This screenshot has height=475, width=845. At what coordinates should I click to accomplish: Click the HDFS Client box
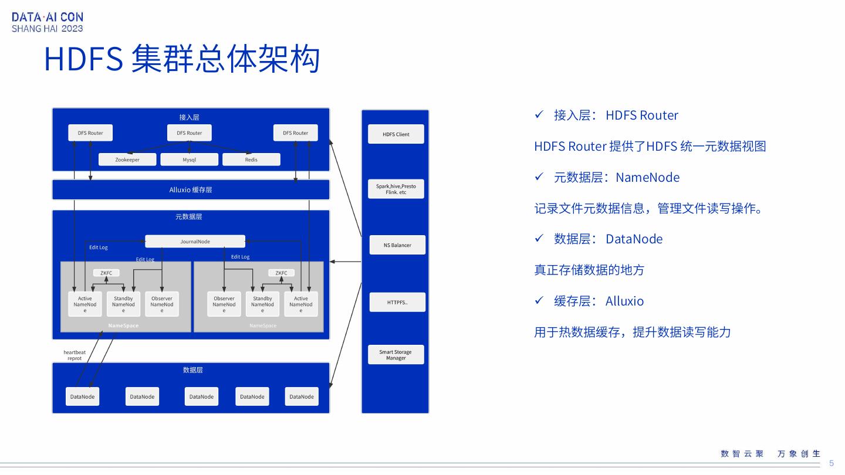click(396, 134)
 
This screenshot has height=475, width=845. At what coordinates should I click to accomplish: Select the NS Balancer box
click(397, 245)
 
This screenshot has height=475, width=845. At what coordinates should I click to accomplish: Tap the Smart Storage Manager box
click(396, 355)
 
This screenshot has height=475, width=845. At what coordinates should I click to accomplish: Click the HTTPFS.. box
click(397, 303)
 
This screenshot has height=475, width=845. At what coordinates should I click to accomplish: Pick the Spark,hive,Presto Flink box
click(396, 189)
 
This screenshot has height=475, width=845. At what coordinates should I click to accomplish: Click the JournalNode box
click(195, 242)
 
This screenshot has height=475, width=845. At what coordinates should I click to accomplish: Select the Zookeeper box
click(127, 160)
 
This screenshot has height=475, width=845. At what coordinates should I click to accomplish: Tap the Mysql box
click(189, 160)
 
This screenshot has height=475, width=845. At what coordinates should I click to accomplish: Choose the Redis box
click(251, 160)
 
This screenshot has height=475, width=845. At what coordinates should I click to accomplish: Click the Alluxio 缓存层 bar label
click(191, 190)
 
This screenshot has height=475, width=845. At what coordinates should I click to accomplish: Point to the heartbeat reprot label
click(75, 355)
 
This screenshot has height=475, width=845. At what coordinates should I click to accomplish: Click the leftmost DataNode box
click(82, 396)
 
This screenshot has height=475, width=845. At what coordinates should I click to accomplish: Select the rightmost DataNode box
click(302, 396)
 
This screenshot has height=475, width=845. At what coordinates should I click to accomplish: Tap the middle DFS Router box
click(189, 133)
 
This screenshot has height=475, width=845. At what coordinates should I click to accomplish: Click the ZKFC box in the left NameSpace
click(106, 273)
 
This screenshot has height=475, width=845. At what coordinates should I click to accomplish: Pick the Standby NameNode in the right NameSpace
click(262, 304)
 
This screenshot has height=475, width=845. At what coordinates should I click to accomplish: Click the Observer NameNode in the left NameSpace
click(162, 304)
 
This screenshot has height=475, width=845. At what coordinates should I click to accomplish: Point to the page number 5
click(831, 463)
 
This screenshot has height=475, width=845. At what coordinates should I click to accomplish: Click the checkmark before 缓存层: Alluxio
click(539, 301)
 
